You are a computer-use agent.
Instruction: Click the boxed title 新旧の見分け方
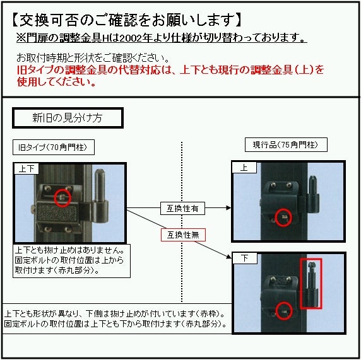click(x=62, y=118)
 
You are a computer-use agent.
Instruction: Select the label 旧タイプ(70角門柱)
click(x=54, y=148)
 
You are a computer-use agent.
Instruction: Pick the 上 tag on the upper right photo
click(x=244, y=168)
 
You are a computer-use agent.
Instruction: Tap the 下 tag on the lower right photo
click(x=244, y=258)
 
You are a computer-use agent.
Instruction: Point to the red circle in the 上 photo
click(x=284, y=216)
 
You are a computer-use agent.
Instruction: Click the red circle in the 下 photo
click(x=284, y=310)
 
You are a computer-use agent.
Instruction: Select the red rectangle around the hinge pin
click(x=311, y=283)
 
